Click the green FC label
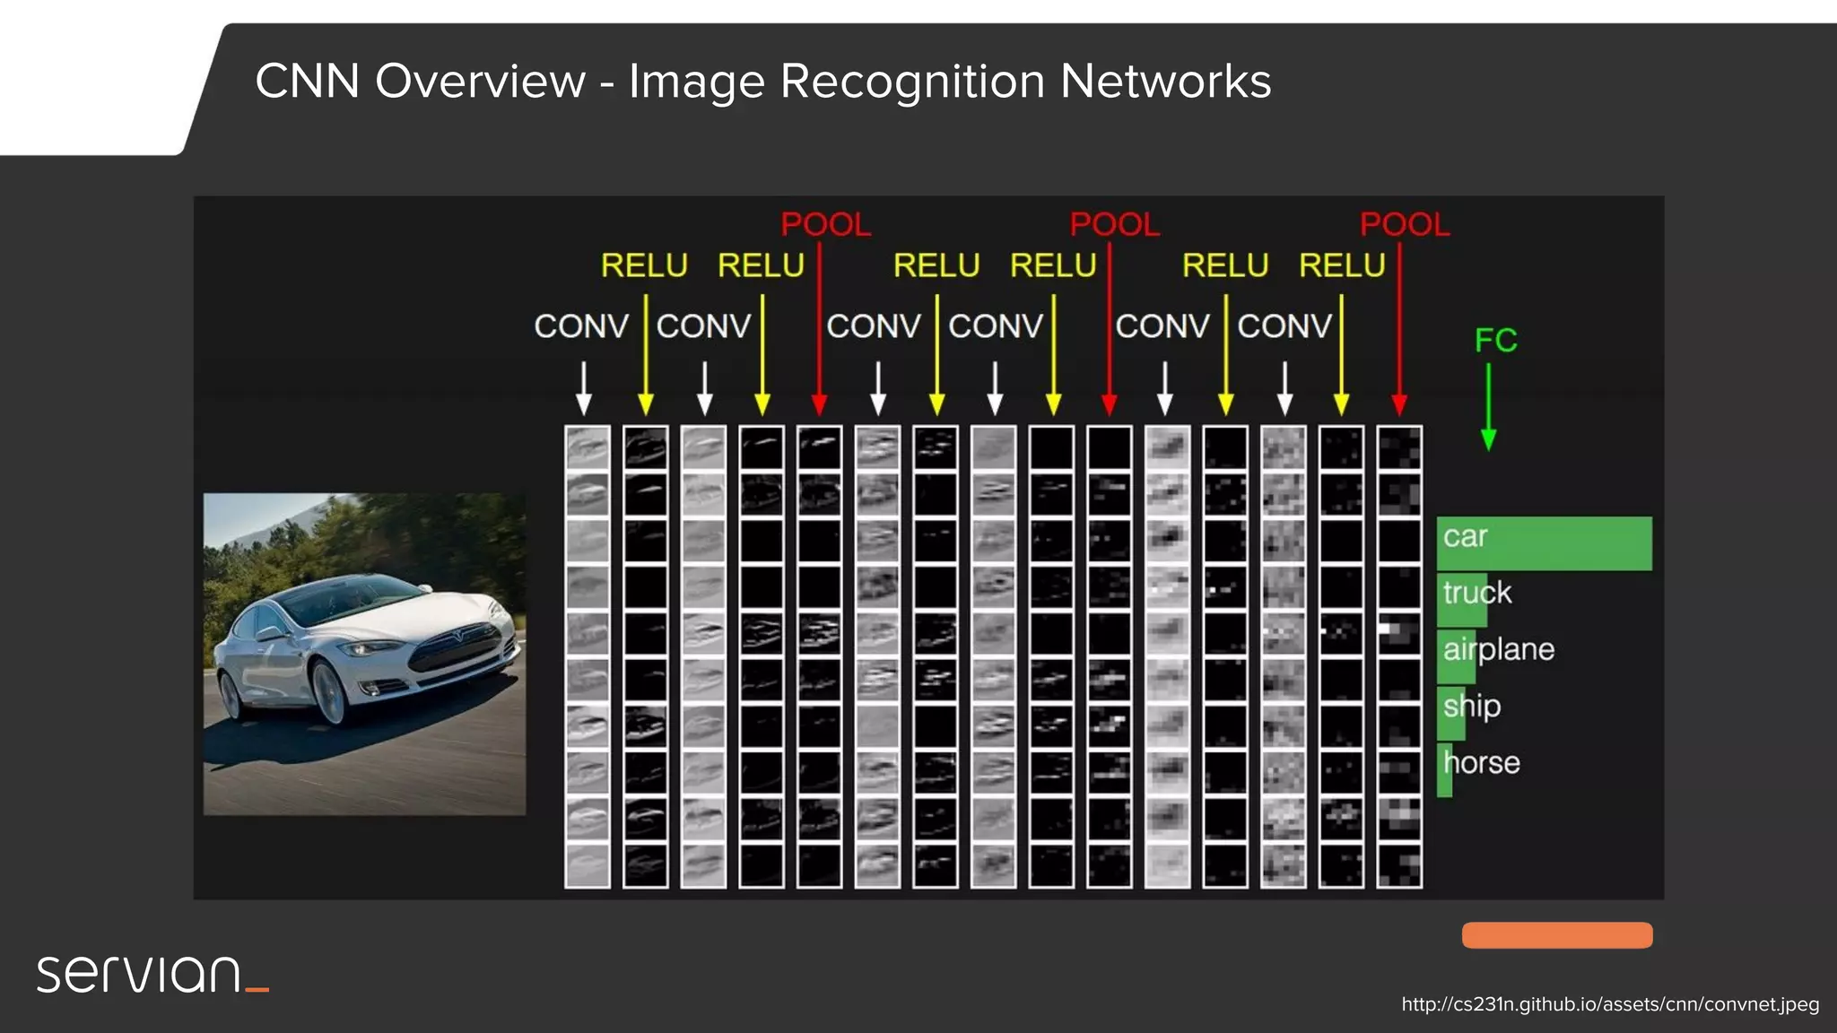pyautogui.click(x=1495, y=340)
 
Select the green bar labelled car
pyautogui.click(x=1544, y=543)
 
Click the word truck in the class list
pyautogui.click(x=1476, y=593)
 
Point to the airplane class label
pyautogui.click(x=1498, y=649)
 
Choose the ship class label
pyautogui.click(x=1471, y=707)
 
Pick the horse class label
pyautogui.click(x=1482, y=763)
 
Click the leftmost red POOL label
pyautogui.click(x=825, y=224)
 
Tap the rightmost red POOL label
pyautogui.click(x=1404, y=224)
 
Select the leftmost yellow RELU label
pyautogui.click(x=644, y=265)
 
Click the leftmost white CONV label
pyautogui.click(x=581, y=326)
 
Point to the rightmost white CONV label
pyautogui.click(x=1284, y=326)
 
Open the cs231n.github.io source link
pyautogui.click(x=1610, y=1004)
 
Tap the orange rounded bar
pyautogui.click(x=1557, y=935)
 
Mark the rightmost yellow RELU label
pyautogui.click(x=1342, y=265)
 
